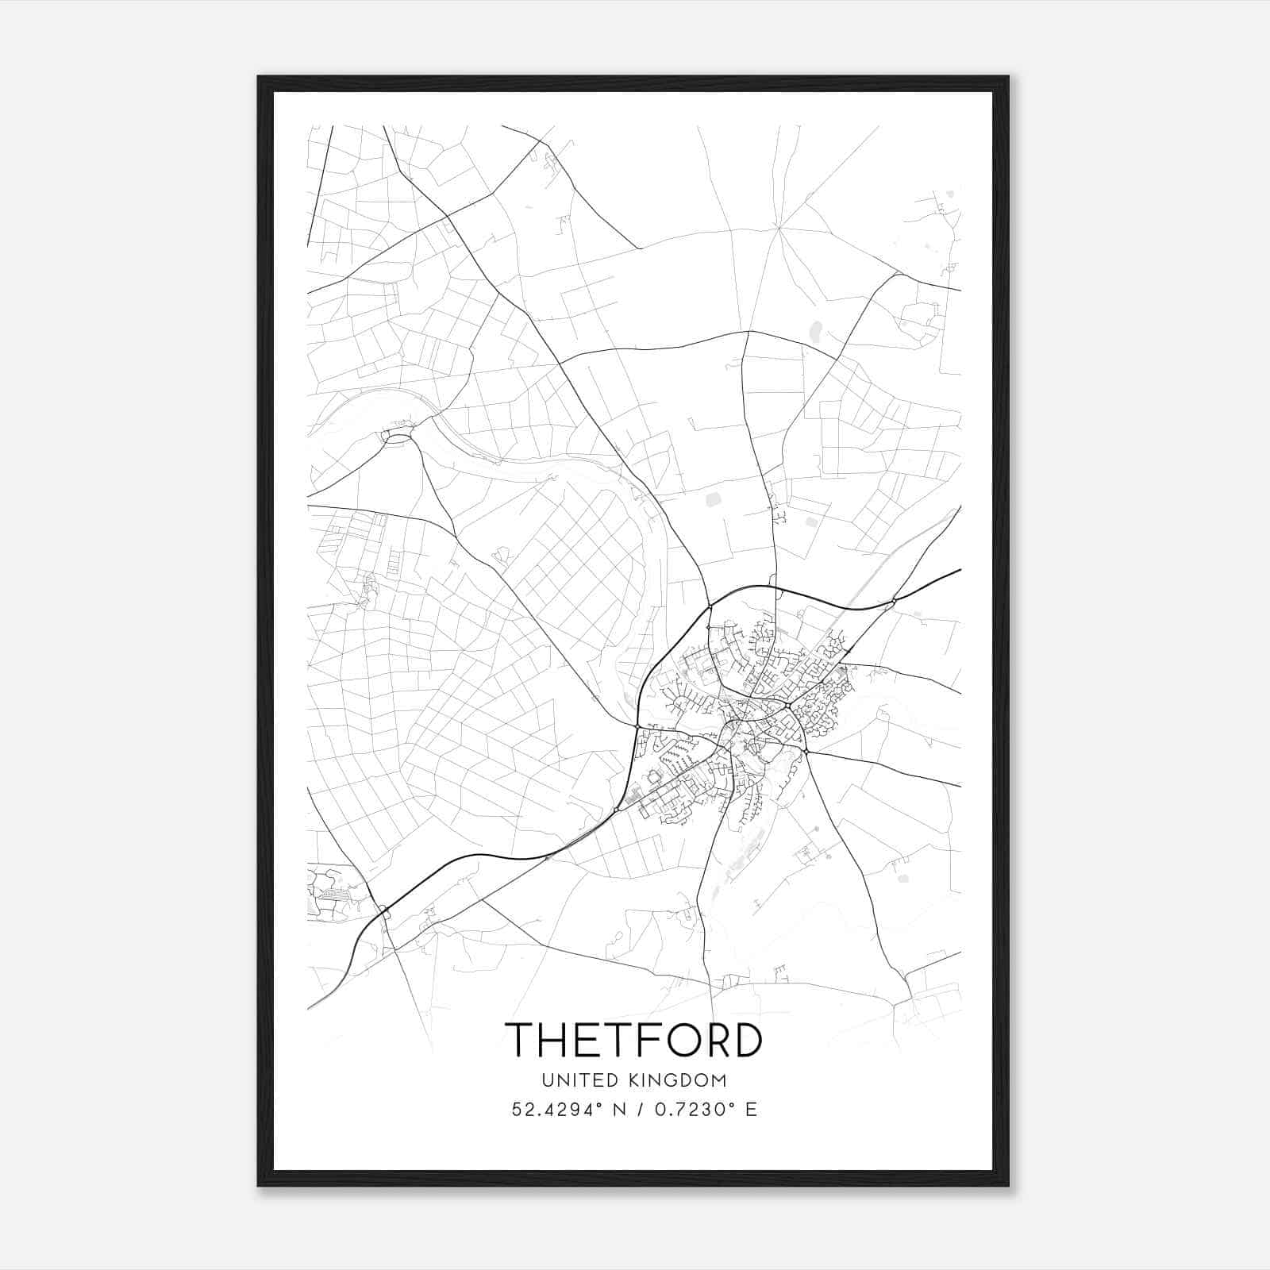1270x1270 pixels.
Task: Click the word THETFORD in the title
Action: (633, 1039)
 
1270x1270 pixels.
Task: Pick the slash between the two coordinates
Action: (641, 1110)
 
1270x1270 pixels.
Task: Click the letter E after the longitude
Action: (750, 1110)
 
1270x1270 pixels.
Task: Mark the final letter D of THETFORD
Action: (747, 1039)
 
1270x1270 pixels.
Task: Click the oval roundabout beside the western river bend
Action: (398, 436)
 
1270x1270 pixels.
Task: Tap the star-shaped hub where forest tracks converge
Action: (779, 228)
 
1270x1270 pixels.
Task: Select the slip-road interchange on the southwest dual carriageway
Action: (385, 913)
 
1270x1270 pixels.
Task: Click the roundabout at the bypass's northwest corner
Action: (710, 609)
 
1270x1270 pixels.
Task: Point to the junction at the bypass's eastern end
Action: (894, 601)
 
